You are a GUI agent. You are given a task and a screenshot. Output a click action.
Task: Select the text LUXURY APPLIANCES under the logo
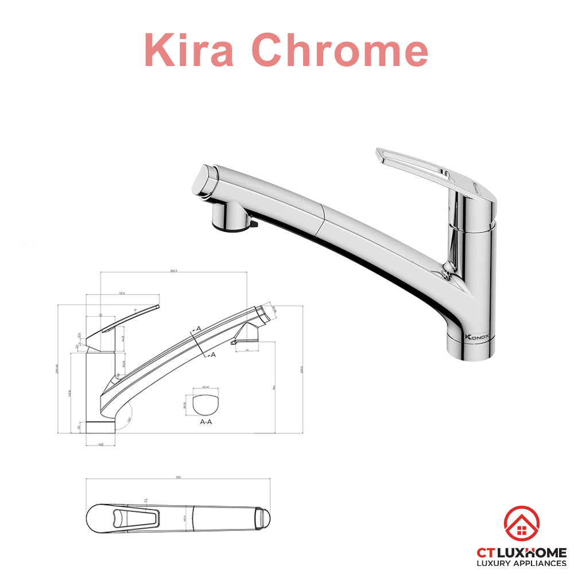[x=522, y=564]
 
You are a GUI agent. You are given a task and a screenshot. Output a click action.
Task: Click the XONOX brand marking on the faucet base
[x=472, y=338]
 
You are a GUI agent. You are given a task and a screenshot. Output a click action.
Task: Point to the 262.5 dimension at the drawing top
[x=173, y=271]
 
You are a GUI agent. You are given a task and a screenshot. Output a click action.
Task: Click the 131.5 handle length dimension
[x=122, y=293]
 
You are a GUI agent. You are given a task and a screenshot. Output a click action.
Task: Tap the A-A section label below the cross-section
[x=207, y=421]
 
